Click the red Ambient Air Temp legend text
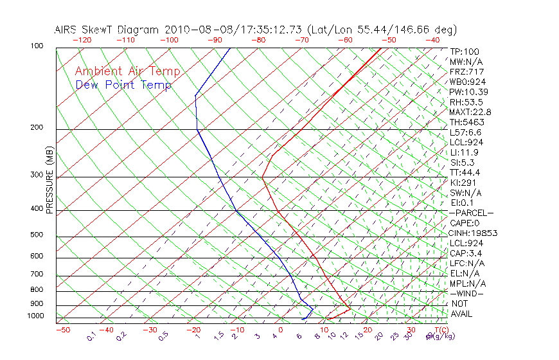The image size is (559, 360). point(127,71)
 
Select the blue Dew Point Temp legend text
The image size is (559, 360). point(123,85)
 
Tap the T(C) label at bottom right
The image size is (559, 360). point(437,330)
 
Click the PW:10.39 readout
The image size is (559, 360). point(466,92)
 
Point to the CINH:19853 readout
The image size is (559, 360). point(474,233)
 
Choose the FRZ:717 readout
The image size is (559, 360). point(466,72)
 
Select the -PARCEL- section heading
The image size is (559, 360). point(471,213)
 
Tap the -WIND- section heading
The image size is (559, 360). point(466,294)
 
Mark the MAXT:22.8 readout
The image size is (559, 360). point(468,113)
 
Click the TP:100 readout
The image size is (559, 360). point(464,52)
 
